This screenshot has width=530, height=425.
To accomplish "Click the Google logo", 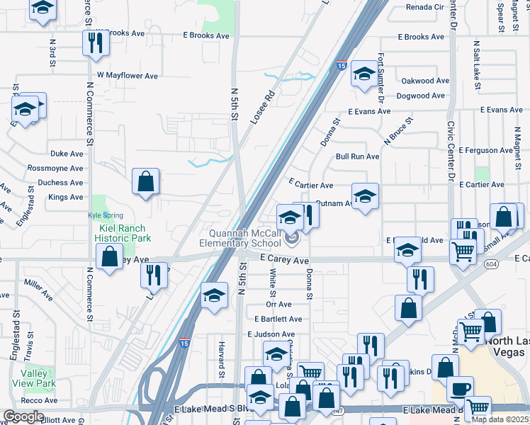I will [x=23, y=416].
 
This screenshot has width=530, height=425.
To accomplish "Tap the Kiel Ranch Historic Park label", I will [x=120, y=233].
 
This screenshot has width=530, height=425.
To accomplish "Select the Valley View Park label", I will [x=38, y=379].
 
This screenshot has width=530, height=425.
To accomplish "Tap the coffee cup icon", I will [x=460, y=389].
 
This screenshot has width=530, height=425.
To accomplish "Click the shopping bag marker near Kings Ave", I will [x=145, y=182].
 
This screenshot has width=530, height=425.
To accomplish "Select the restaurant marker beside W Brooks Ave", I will [x=94, y=44].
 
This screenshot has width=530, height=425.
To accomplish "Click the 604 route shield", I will [x=491, y=263].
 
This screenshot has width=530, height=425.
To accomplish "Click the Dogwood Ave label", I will [x=422, y=96].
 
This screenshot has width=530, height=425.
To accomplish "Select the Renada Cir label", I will [x=424, y=7].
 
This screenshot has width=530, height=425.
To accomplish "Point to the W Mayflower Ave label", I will [x=127, y=75].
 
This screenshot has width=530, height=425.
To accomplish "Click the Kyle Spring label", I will [x=105, y=215].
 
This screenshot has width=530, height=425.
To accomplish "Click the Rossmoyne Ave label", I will [x=55, y=168].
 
